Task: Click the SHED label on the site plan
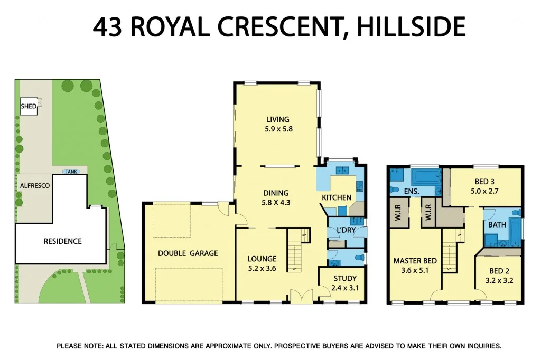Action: click(29, 106)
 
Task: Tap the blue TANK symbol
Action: click(69, 172)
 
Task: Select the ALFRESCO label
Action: click(34, 186)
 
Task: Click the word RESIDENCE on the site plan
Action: click(62, 241)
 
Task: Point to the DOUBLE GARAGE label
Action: click(188, 253)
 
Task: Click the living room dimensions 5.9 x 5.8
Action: click(278, 129)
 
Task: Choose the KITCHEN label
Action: click(337, 197)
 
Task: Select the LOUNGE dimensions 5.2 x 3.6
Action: click(262, 269)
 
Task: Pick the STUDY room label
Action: click(345, 278)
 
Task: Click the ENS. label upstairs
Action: click(412, 191)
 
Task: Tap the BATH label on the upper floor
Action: click(497, 224)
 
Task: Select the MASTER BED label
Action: click(415, 261)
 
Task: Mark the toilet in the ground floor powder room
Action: click(358, 258)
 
